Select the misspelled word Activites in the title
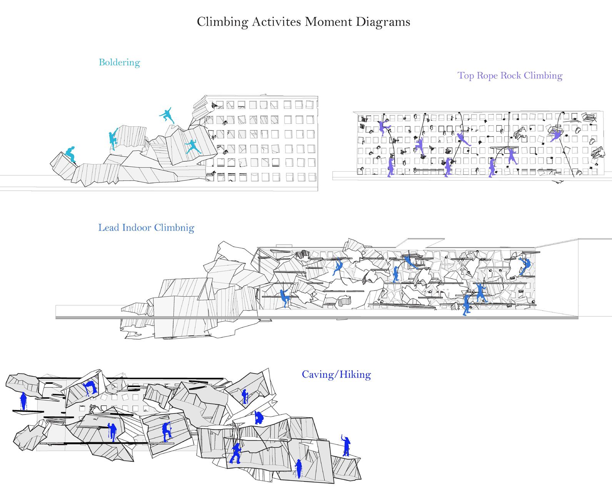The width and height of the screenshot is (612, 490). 276,22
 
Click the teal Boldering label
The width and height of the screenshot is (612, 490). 120,63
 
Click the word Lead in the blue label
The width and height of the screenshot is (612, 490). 109,227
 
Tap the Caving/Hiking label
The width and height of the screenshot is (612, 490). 337,375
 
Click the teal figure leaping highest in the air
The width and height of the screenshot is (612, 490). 167,115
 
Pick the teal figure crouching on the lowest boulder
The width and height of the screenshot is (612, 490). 70,154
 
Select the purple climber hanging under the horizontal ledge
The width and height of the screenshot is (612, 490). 512,156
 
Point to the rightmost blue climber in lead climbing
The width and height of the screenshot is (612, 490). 524,266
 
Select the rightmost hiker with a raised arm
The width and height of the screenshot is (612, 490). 346,446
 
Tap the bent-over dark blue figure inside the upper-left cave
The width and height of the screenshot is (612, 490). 90,388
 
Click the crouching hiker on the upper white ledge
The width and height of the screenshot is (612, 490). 259,418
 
